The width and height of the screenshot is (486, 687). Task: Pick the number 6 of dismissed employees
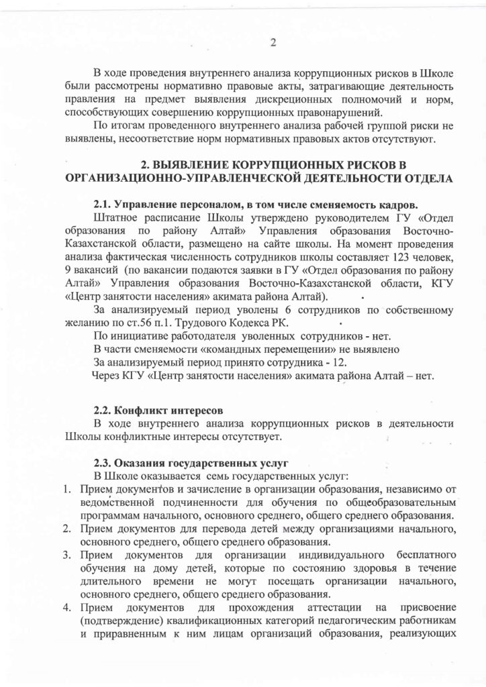(258, 309)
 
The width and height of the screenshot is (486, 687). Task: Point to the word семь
(204, 475)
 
